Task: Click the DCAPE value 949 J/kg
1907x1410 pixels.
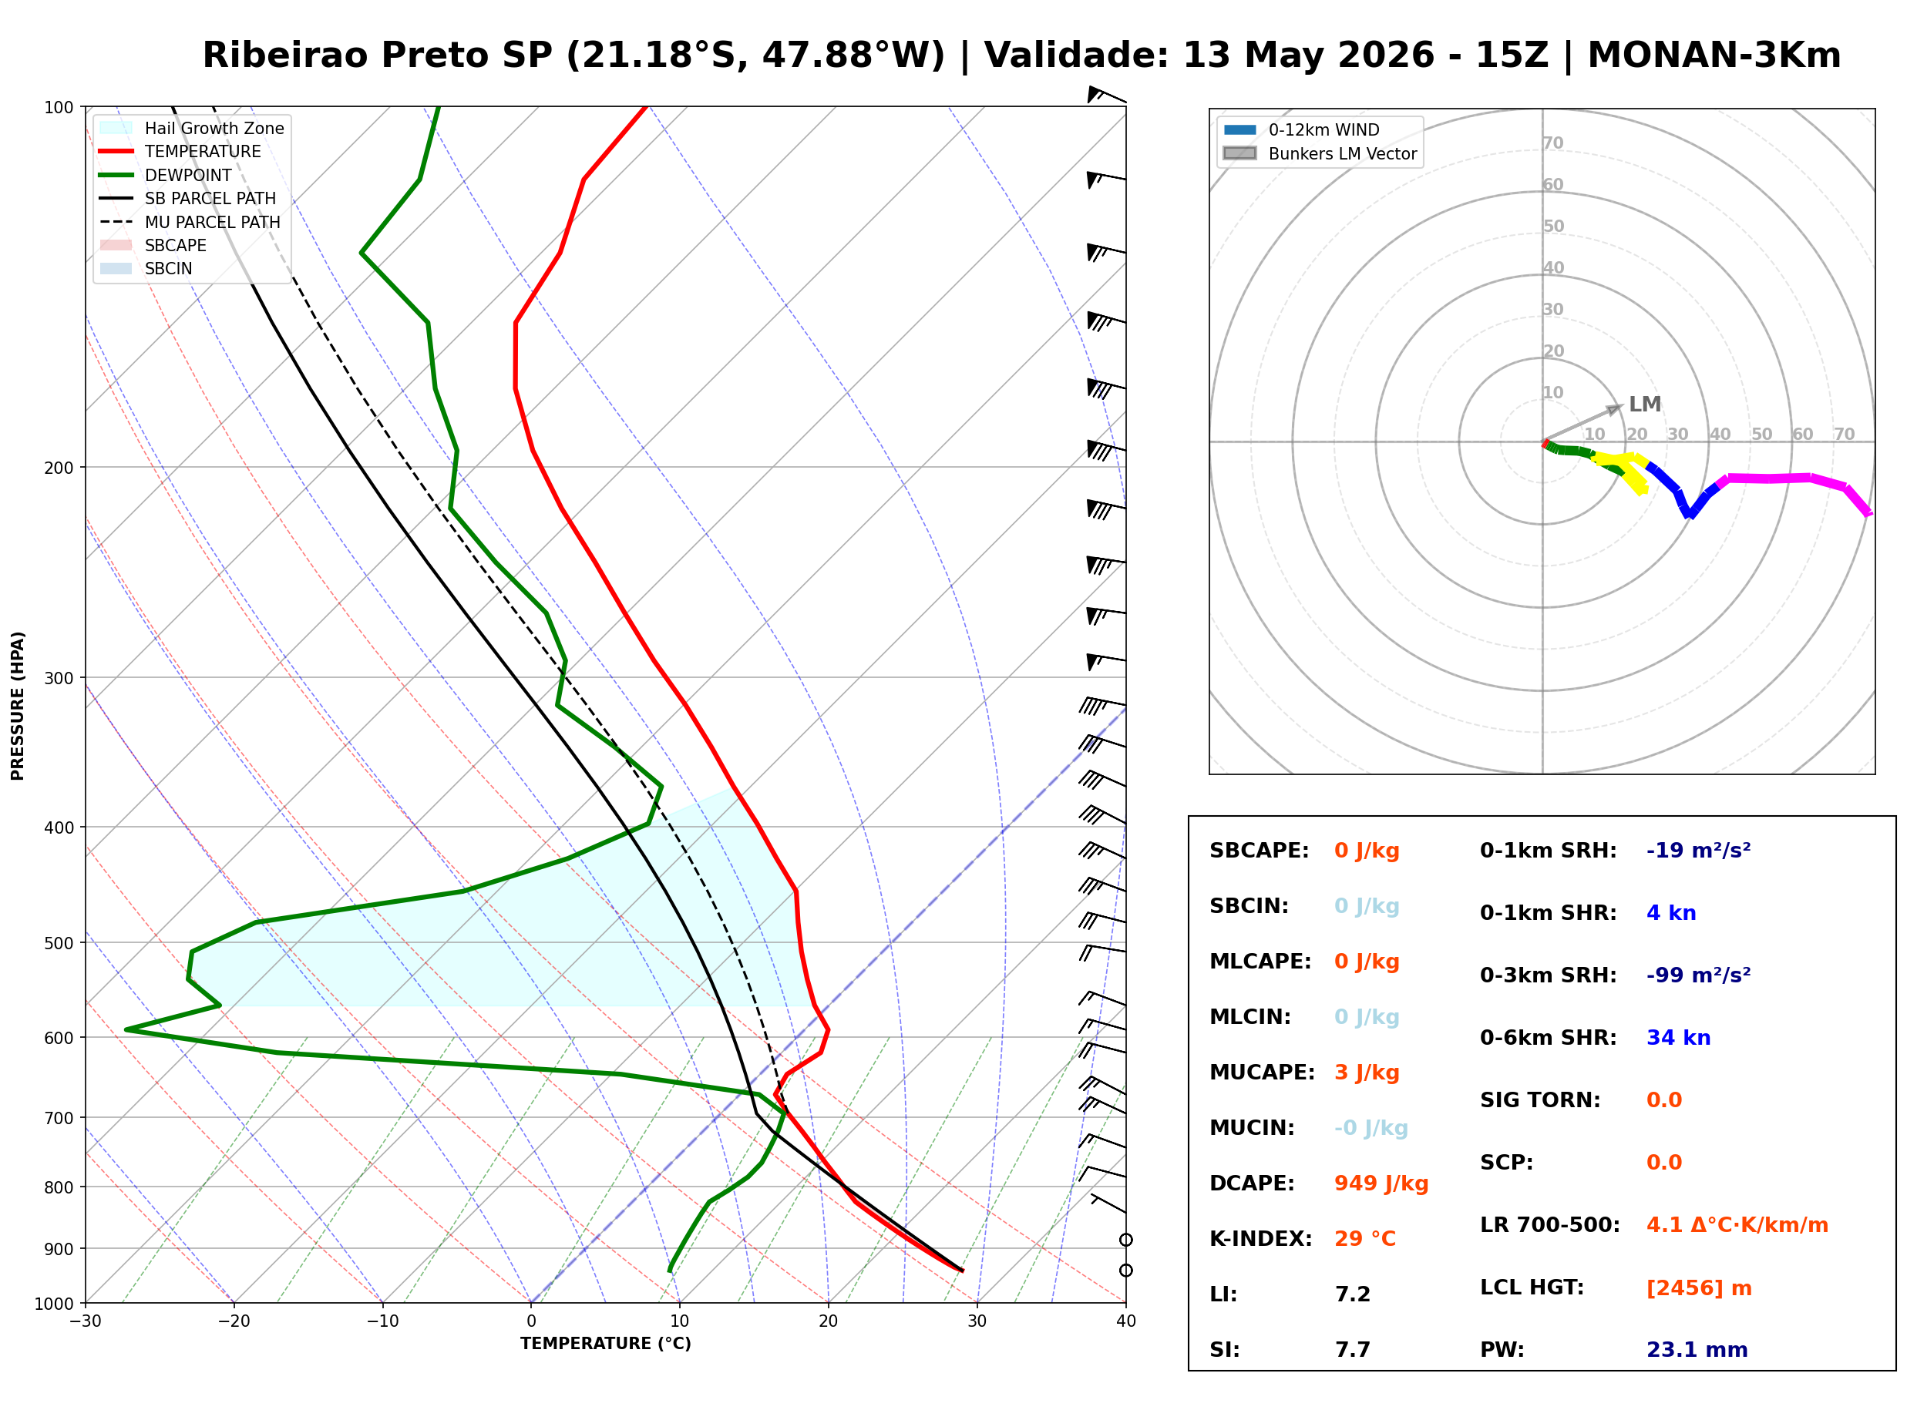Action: coord(1381,1183)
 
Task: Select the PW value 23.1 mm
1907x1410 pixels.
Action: coord(1696,1349)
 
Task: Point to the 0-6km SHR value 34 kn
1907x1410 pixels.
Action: coord(1677,1037)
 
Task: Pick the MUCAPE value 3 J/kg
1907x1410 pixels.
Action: coord(1366,1072)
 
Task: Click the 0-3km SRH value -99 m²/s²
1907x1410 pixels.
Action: coord(1698,974)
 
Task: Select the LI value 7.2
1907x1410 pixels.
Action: coord(1352,1294)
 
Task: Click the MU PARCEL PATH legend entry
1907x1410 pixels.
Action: coord(190,222)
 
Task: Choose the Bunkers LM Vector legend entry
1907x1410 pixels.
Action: coord(1320,153)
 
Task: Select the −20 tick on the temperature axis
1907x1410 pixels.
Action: coord(234,1321)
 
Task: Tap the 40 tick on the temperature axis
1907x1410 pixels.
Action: coord(1125,1321)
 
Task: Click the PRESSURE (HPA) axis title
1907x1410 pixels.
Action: coord(18,705)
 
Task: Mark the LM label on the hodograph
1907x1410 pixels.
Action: coord(1644,404)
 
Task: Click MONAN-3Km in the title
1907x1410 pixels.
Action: coord(1714,55)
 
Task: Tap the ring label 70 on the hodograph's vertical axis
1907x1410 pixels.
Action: coord(1552,143)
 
